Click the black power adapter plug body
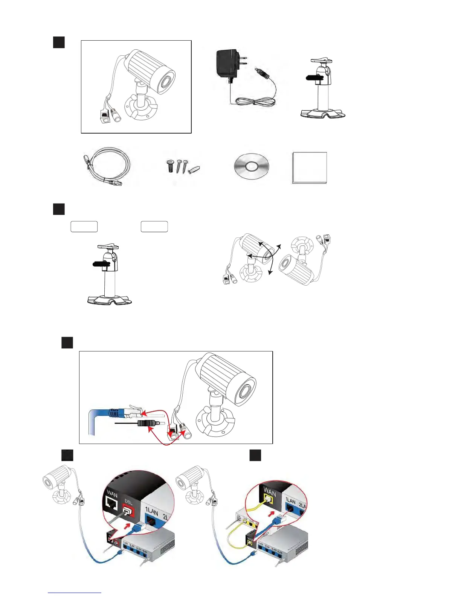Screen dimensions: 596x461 click(x=227, y=63)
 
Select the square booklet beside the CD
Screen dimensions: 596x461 click(x=310, y=168)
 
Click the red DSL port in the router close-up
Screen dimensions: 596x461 click(x=129, y=511)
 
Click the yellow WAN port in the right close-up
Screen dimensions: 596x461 click(x=268, y=499)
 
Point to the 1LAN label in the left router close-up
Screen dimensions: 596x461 click(x=151, y=511)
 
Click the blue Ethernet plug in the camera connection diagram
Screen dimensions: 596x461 click(x=113, y=412)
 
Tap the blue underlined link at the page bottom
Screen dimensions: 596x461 click(x=75, y=593)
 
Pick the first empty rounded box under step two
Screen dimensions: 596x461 click(x=84, y=227)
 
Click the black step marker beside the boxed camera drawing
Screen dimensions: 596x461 click(x=59, y=42)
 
